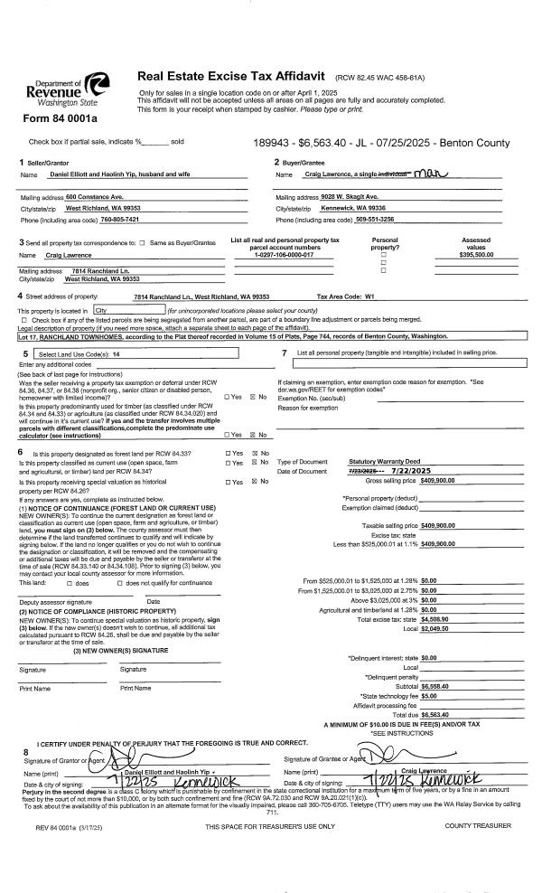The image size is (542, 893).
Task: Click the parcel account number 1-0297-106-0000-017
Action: tap(285, 256)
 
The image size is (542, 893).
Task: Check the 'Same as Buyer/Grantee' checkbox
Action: tap(144, 243)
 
